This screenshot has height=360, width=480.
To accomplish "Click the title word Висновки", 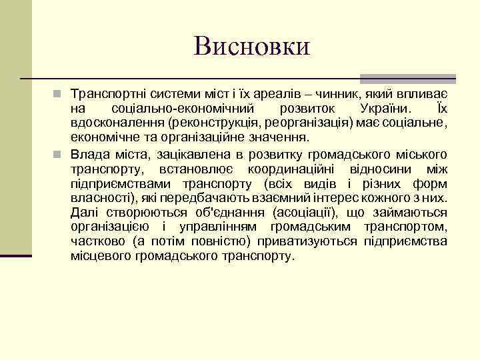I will [x=251, y=46].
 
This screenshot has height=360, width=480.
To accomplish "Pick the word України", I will [x=384, y=108].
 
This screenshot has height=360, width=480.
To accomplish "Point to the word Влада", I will [x=91, y=155].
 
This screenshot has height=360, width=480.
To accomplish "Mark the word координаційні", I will [x=295, y=169].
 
